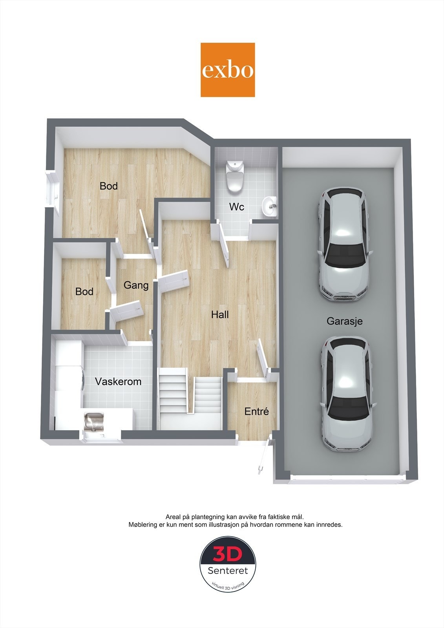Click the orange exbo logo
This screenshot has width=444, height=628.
point(228,70)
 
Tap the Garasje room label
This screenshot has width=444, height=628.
point(344,321)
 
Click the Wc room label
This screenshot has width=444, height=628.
point(237,207)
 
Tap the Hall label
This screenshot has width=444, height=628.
point(220,314)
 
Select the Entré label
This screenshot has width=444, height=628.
point(256,411)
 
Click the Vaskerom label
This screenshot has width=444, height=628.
point(118,381)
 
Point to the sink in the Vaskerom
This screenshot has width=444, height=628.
point(93,422)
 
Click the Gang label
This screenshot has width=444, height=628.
point(136,285)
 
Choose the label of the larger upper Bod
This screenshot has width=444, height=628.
point(109,186)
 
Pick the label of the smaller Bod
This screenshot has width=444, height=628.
point(84,292)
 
